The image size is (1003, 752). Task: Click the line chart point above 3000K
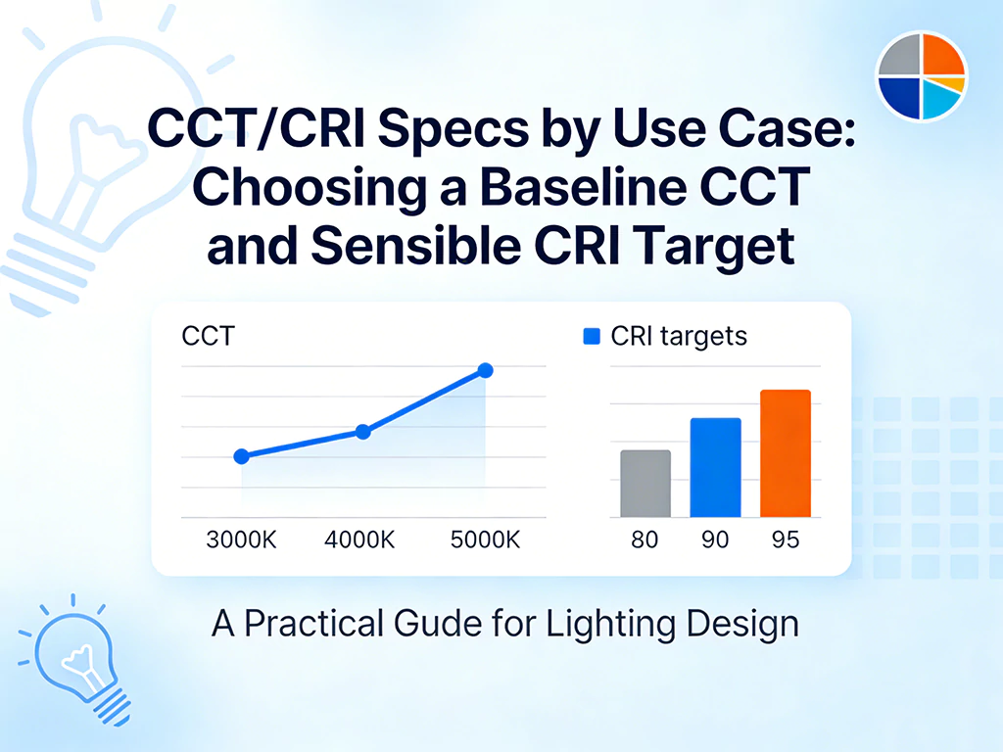pos(241,456)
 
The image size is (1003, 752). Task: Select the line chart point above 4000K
pos(362,432)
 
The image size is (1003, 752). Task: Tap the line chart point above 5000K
pos(486,370)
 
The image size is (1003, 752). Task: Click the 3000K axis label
pos(241,540)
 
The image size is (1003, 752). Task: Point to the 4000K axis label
pos(359,540)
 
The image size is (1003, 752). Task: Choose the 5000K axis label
pos(486,540)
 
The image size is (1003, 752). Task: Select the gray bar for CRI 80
pos(645,484)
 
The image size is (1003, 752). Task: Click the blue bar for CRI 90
pos(716,467)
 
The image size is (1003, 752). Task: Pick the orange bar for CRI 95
pos(786,453)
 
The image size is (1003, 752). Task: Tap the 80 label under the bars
pos(645,540)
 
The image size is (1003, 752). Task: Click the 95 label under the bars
pos(786,540)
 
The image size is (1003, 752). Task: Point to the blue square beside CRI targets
pos(592,337)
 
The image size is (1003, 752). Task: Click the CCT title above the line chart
pos(209,336)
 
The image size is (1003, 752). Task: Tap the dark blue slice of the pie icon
pos(899,97)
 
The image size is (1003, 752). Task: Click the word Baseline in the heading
pos(582,187)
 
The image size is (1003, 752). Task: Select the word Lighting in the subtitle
pos(610,624)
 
